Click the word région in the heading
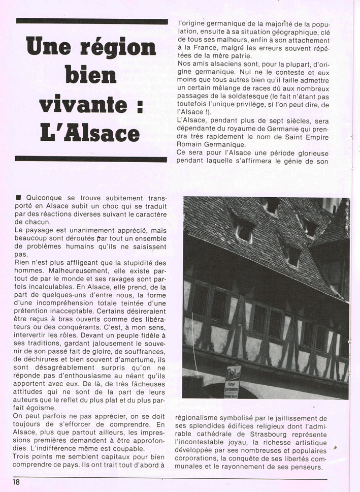click(121, 49)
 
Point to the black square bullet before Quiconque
click(19, 198)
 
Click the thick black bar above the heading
click(92, 21)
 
